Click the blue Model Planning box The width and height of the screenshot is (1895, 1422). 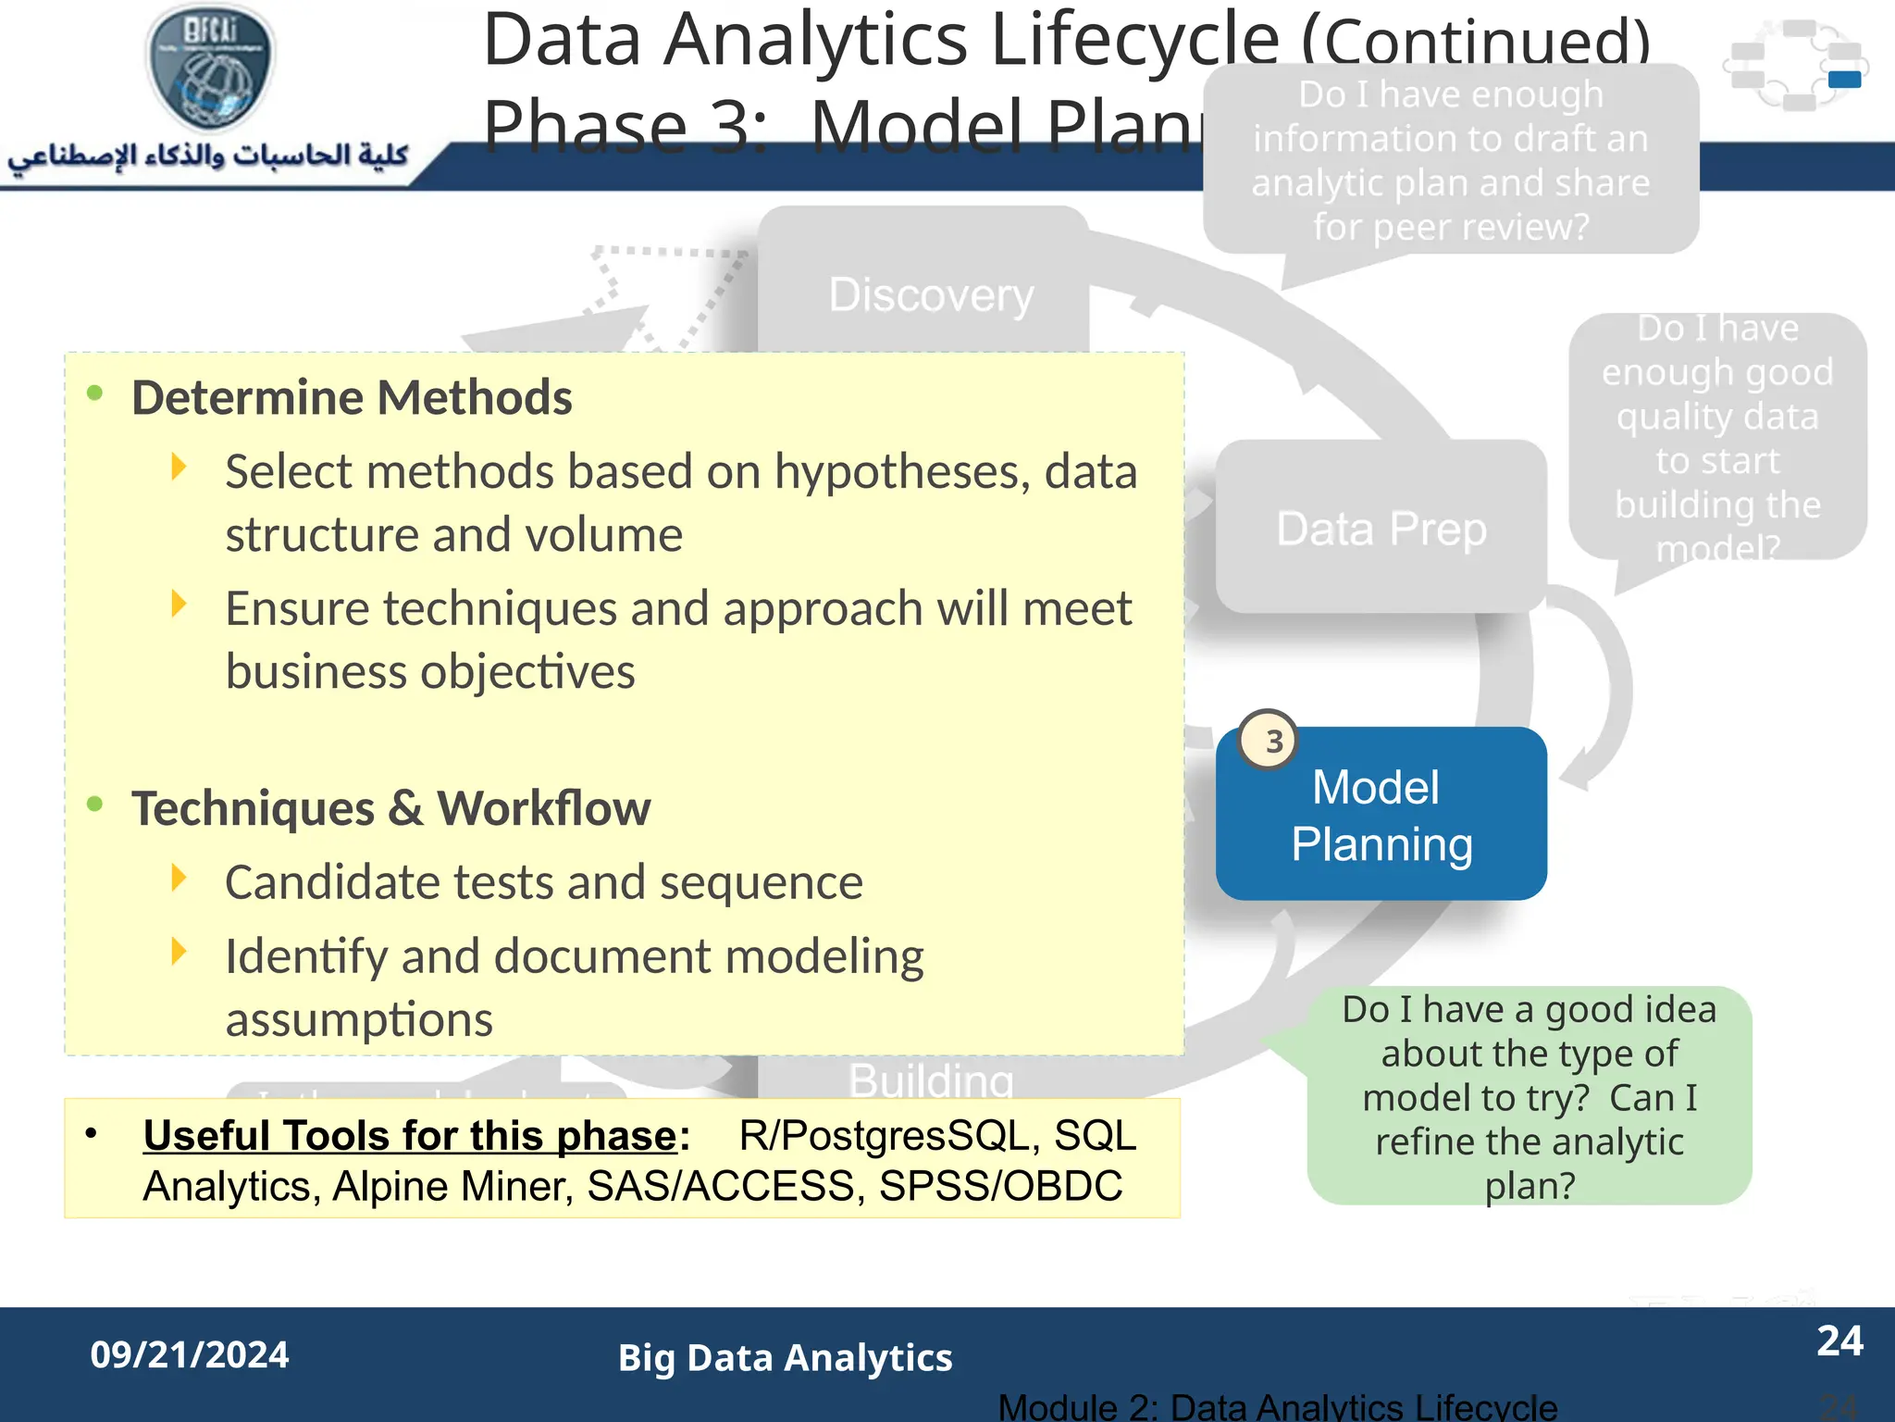click(1381, 815)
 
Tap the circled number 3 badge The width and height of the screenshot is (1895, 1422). click(1269, 740)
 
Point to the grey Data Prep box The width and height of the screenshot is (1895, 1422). click(1381, 528)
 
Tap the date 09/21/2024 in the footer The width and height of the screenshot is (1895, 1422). click(190, 1354)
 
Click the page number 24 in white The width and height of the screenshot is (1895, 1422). click(1839, 1341)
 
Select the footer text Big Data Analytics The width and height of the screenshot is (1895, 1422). click(785, 1358)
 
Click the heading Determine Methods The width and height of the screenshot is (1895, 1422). click(352, 398)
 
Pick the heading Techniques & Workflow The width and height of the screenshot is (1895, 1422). click(390, 808)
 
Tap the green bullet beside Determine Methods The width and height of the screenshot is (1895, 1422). click(94, 393)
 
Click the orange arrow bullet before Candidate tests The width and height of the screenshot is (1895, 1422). click(179, 878)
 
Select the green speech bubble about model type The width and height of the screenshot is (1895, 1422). click(1529, 1097)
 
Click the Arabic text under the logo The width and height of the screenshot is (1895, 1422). click(208, 155)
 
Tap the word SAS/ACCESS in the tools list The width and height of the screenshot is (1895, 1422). click(720, 1186)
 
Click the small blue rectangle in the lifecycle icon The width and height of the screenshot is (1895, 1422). click(1844, 80)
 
